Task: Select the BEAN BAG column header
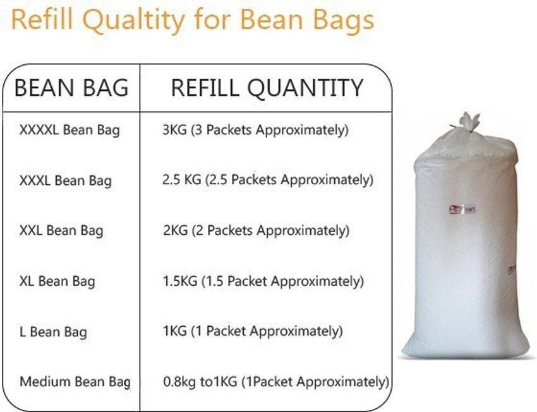71,88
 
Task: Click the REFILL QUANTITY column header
267,88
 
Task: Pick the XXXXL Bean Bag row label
69,131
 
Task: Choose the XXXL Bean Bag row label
66,181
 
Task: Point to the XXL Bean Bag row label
61,231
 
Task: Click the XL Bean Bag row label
57,281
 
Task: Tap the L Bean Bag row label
54,332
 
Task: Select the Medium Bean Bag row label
75,382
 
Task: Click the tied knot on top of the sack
468,122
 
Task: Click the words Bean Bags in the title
311,21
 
